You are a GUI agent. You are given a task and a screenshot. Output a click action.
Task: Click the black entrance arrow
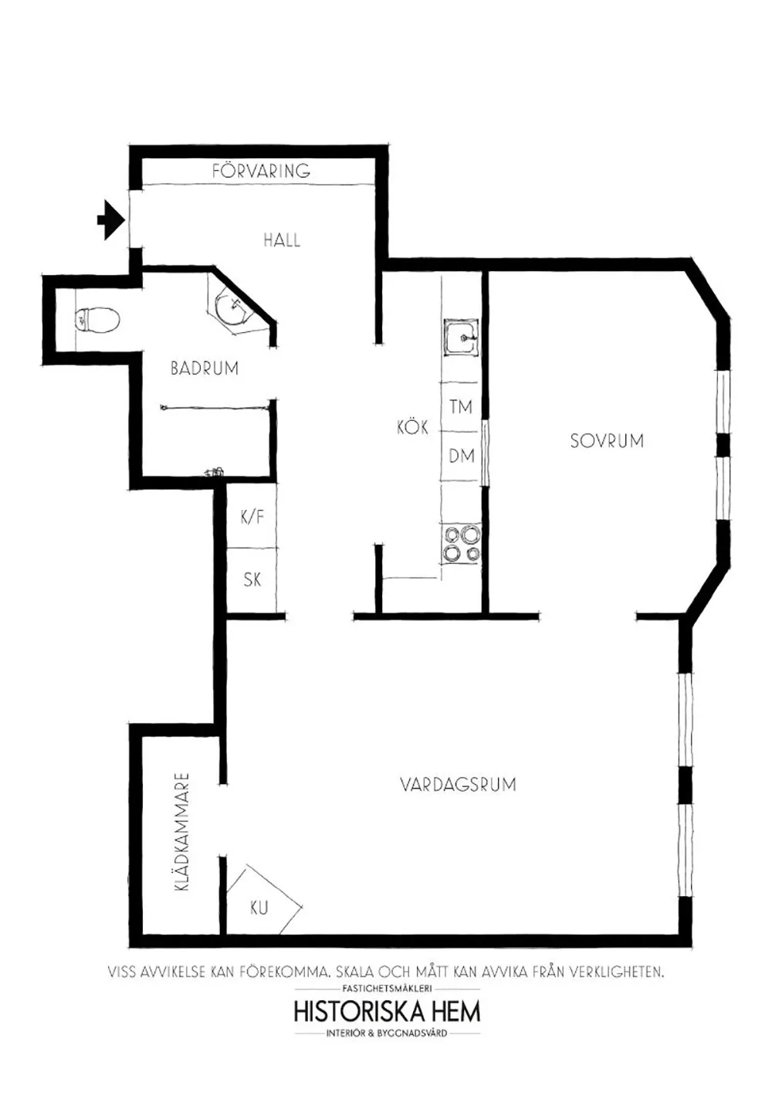pyautogui.click(x=111, y=220)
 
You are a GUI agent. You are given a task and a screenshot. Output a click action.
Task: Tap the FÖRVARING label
pyautogui.click(x=261, y=170)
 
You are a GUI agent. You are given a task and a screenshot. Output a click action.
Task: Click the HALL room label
pyautogui.click(x=281, y=240)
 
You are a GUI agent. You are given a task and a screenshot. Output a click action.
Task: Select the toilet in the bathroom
pyautogui.click(x=96, y=320)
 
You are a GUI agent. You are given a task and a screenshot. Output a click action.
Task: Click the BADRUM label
pyautogui.click(x=205, y=368)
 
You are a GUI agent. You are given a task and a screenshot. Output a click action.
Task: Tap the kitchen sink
pyautogui.click(x=461, y=338)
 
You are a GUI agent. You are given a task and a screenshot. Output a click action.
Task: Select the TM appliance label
pyautogui.click(x=461, y=406)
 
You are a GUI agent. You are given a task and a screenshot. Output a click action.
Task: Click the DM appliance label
pyautogui.click(x=462, y=457)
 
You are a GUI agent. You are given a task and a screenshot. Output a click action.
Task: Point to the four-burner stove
pyautogui.click(x=461, y=543)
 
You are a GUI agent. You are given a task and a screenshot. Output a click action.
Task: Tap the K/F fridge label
pyautogui.click(x=252, y=517)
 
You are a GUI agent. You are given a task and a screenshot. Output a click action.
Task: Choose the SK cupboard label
pyautogui.click(x=252, y=579)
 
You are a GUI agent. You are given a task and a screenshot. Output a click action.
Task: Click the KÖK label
pyautogui.click(x=412, y=427)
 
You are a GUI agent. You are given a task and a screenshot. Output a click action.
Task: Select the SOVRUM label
pyautogui.click(x=607, y=440)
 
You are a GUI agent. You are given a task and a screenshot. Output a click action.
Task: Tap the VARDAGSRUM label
pyautogui.click(x=458, y=785)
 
